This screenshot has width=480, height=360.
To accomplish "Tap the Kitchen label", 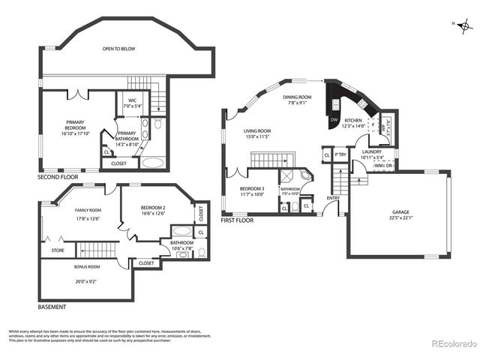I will pyautogui.click(x=353, y=120).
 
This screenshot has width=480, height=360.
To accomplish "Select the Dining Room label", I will pyautogui.click(x=297, y=97).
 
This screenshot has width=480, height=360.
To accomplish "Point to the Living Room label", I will pyautogui.click(x=257, y=132).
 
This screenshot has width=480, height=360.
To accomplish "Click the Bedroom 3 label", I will pyautogui.click(x=251, y=189).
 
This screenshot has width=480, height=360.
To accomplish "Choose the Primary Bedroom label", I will pyautogui.click(x=75, y=124).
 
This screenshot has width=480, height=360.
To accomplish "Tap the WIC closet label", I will pyautogui.click(x=132, y=100).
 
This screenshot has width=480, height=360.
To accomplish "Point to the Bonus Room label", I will pyautogui.click(x=88, y=267).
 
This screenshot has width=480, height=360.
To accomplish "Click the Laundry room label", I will pyautogui.click(x=371, y=152).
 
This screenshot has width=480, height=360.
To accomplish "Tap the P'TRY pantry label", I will pyautogui.click(x=340, y=155).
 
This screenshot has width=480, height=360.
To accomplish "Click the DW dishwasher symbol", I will pyautogui.click(x=334, y=120).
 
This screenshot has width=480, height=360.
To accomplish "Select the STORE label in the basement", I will pyautogui.click(x=57, y=250).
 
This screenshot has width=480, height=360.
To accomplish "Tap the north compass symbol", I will pyautogui.click(x=466, y=26).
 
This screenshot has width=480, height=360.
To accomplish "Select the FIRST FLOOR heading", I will pyautogui.click(x=237, y=220).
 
